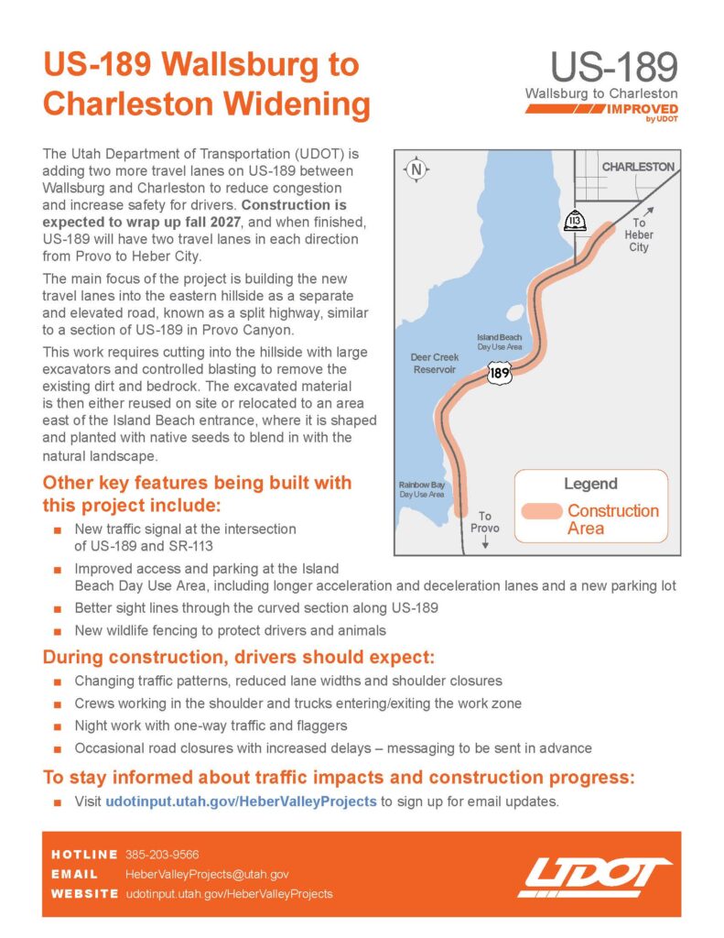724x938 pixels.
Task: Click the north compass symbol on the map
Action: (416, 169)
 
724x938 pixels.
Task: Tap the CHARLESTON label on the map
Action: (638, 167)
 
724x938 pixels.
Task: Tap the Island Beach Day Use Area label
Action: (500, 342)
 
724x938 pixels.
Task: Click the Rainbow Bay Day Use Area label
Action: (421, 489)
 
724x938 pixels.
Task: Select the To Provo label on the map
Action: (484, 522)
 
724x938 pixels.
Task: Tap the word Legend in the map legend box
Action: (590, 484)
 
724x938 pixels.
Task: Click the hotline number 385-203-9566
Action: (162, 854)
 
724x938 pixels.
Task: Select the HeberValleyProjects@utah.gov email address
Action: (207, 874)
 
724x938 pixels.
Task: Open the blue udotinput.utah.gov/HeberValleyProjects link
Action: (241, 801)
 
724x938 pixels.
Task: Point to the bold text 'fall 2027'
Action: (268, 222)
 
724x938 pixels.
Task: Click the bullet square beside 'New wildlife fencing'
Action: (58, 630)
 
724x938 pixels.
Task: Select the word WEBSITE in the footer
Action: (84, 893)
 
